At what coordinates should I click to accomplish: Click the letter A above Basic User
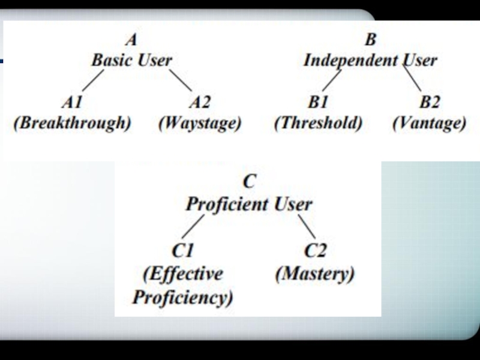point(131,40)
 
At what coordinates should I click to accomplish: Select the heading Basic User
point(131,60)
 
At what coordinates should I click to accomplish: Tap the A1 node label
point(72,102)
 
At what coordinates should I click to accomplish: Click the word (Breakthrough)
point(72,124)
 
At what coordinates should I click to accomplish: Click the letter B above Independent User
point(370,40)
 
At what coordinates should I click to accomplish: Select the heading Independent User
point(370,60)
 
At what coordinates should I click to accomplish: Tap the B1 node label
point(318,102)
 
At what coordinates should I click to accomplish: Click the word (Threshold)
point(318,124)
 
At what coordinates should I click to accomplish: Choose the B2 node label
point(429,102)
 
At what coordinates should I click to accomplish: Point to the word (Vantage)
point(429,124)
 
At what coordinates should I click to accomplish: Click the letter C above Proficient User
point(248,182)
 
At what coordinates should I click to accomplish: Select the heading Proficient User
point(248,204)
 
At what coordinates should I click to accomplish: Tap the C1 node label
point(182,250)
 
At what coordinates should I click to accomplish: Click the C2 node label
point(315,250)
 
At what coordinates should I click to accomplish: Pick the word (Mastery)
point(315,274)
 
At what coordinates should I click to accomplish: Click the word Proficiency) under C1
point(182,298)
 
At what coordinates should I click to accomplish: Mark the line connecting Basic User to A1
point(92,79)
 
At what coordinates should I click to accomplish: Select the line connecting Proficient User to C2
point(307,226)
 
